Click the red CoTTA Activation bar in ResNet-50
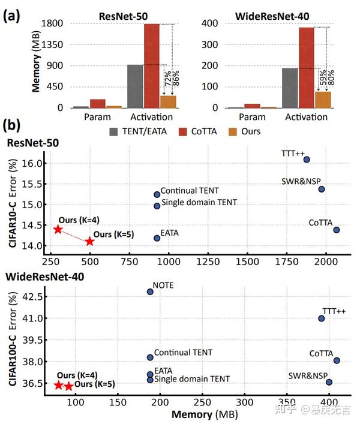click(151, 66)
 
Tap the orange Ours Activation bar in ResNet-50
click(168, 101)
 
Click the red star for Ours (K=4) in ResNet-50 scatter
click(58, 230)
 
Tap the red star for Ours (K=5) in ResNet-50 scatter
click(90, 241)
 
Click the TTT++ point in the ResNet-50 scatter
click(307, 160)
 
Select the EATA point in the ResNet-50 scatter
click(157, 238)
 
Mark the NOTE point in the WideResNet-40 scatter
click(150, 292)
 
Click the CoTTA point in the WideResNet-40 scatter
click(337, 360)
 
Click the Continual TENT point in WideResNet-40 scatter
click(150, 357)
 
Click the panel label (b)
click(13, 126)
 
